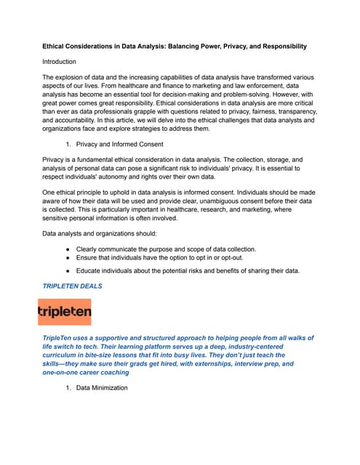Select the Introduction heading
point(59,62)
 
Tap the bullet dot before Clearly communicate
point(67,249)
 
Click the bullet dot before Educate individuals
point(67,271)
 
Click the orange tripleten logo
point(65,312)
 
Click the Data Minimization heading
point(102,388)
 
